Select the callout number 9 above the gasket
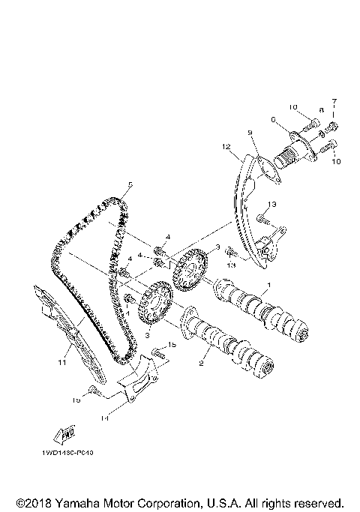click(253, 133)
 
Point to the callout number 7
click(335, 101)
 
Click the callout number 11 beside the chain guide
click(63, 362)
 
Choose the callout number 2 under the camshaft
click(201, 363)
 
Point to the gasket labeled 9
click(261, 171)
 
